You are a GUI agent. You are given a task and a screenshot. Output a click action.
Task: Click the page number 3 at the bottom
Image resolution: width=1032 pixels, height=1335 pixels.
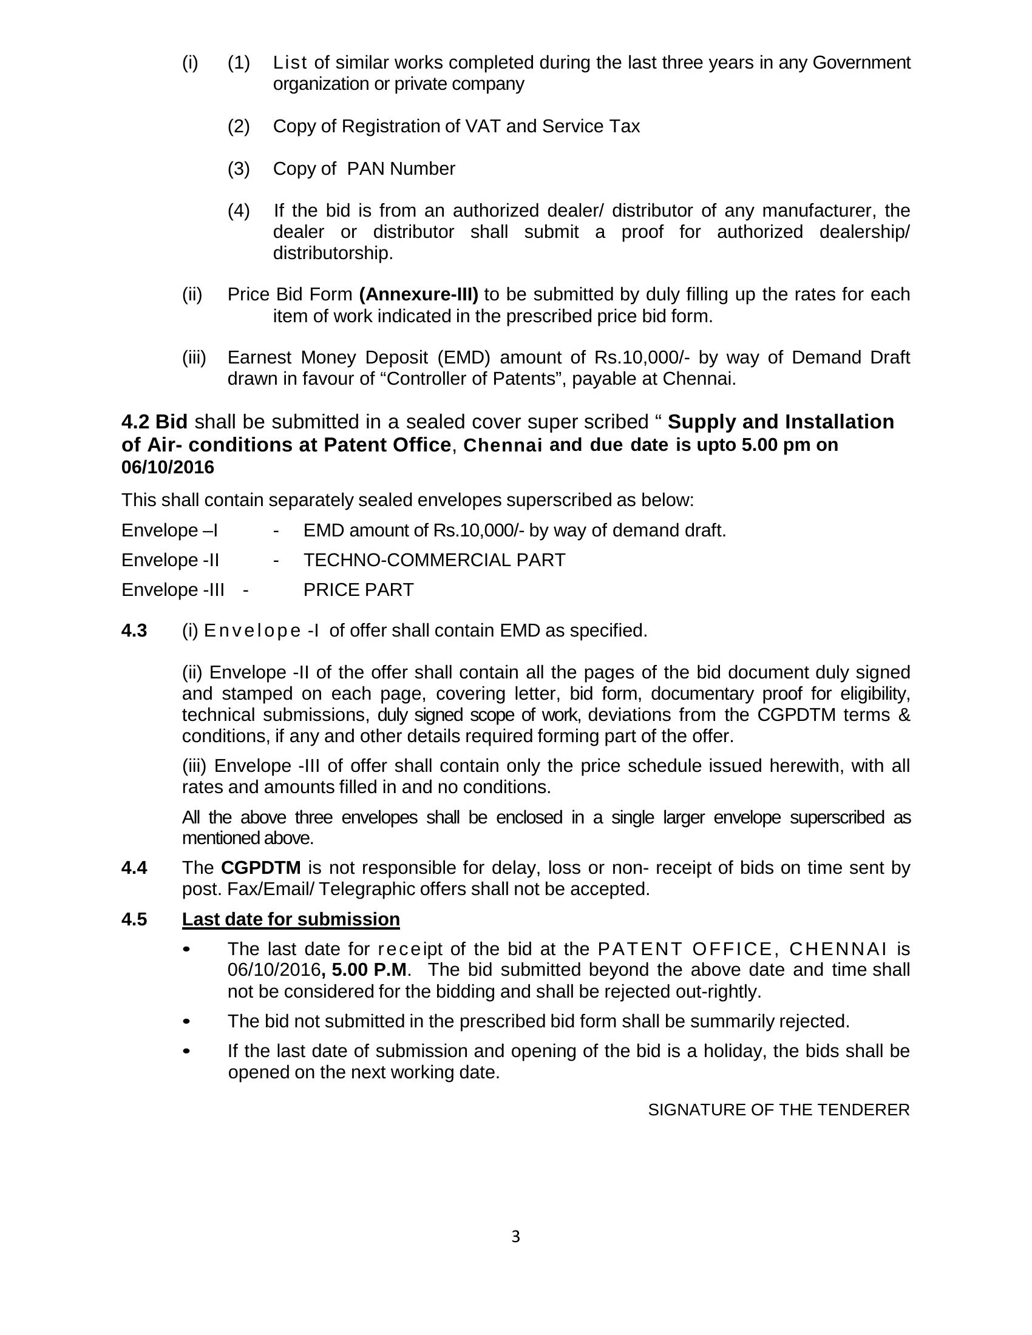(x=515, y=1237)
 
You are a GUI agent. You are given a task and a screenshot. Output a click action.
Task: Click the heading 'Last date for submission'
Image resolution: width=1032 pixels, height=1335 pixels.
(x=290, y=919)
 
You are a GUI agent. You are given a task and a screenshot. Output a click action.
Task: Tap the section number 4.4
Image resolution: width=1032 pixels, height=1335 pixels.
(x=134, y=867)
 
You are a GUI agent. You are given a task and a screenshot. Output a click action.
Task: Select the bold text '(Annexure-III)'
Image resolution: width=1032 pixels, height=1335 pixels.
(x=419, y=295)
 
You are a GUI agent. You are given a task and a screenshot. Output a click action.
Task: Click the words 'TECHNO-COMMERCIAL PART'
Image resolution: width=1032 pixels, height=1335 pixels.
(x=434, y=560)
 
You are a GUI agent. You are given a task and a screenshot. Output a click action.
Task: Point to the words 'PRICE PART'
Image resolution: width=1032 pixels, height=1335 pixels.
(x=358, y=590)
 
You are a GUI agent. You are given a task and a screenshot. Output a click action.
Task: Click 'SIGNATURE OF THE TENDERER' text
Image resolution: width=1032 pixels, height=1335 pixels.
(x=778, y=1110)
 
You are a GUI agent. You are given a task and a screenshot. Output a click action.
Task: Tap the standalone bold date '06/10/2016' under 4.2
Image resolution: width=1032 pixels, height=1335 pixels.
(x=168, y=468)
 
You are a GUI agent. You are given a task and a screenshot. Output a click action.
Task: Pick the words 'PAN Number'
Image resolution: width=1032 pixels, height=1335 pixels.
(x=401, y=169)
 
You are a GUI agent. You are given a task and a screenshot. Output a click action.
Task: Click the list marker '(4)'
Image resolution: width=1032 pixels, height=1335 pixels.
(x=239, y=211)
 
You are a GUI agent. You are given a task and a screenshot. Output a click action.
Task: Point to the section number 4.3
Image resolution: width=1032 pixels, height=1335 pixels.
(x=134, y=631)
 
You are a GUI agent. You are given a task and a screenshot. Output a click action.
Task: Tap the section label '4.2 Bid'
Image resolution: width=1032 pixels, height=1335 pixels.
(x=154, y=422)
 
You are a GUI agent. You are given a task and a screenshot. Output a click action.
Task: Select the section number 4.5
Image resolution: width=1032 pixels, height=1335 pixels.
(x=134, y=919)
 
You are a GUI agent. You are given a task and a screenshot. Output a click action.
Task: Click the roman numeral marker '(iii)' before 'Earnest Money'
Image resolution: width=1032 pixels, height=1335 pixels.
(x=194, y=357)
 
